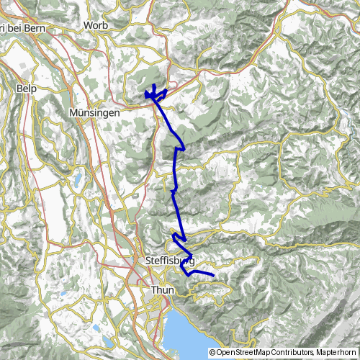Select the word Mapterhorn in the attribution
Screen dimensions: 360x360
(338, 352)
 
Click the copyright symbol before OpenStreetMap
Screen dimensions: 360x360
(212, 352)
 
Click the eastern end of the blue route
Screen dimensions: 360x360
(215, 275)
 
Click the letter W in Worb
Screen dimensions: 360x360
(87, 25)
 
